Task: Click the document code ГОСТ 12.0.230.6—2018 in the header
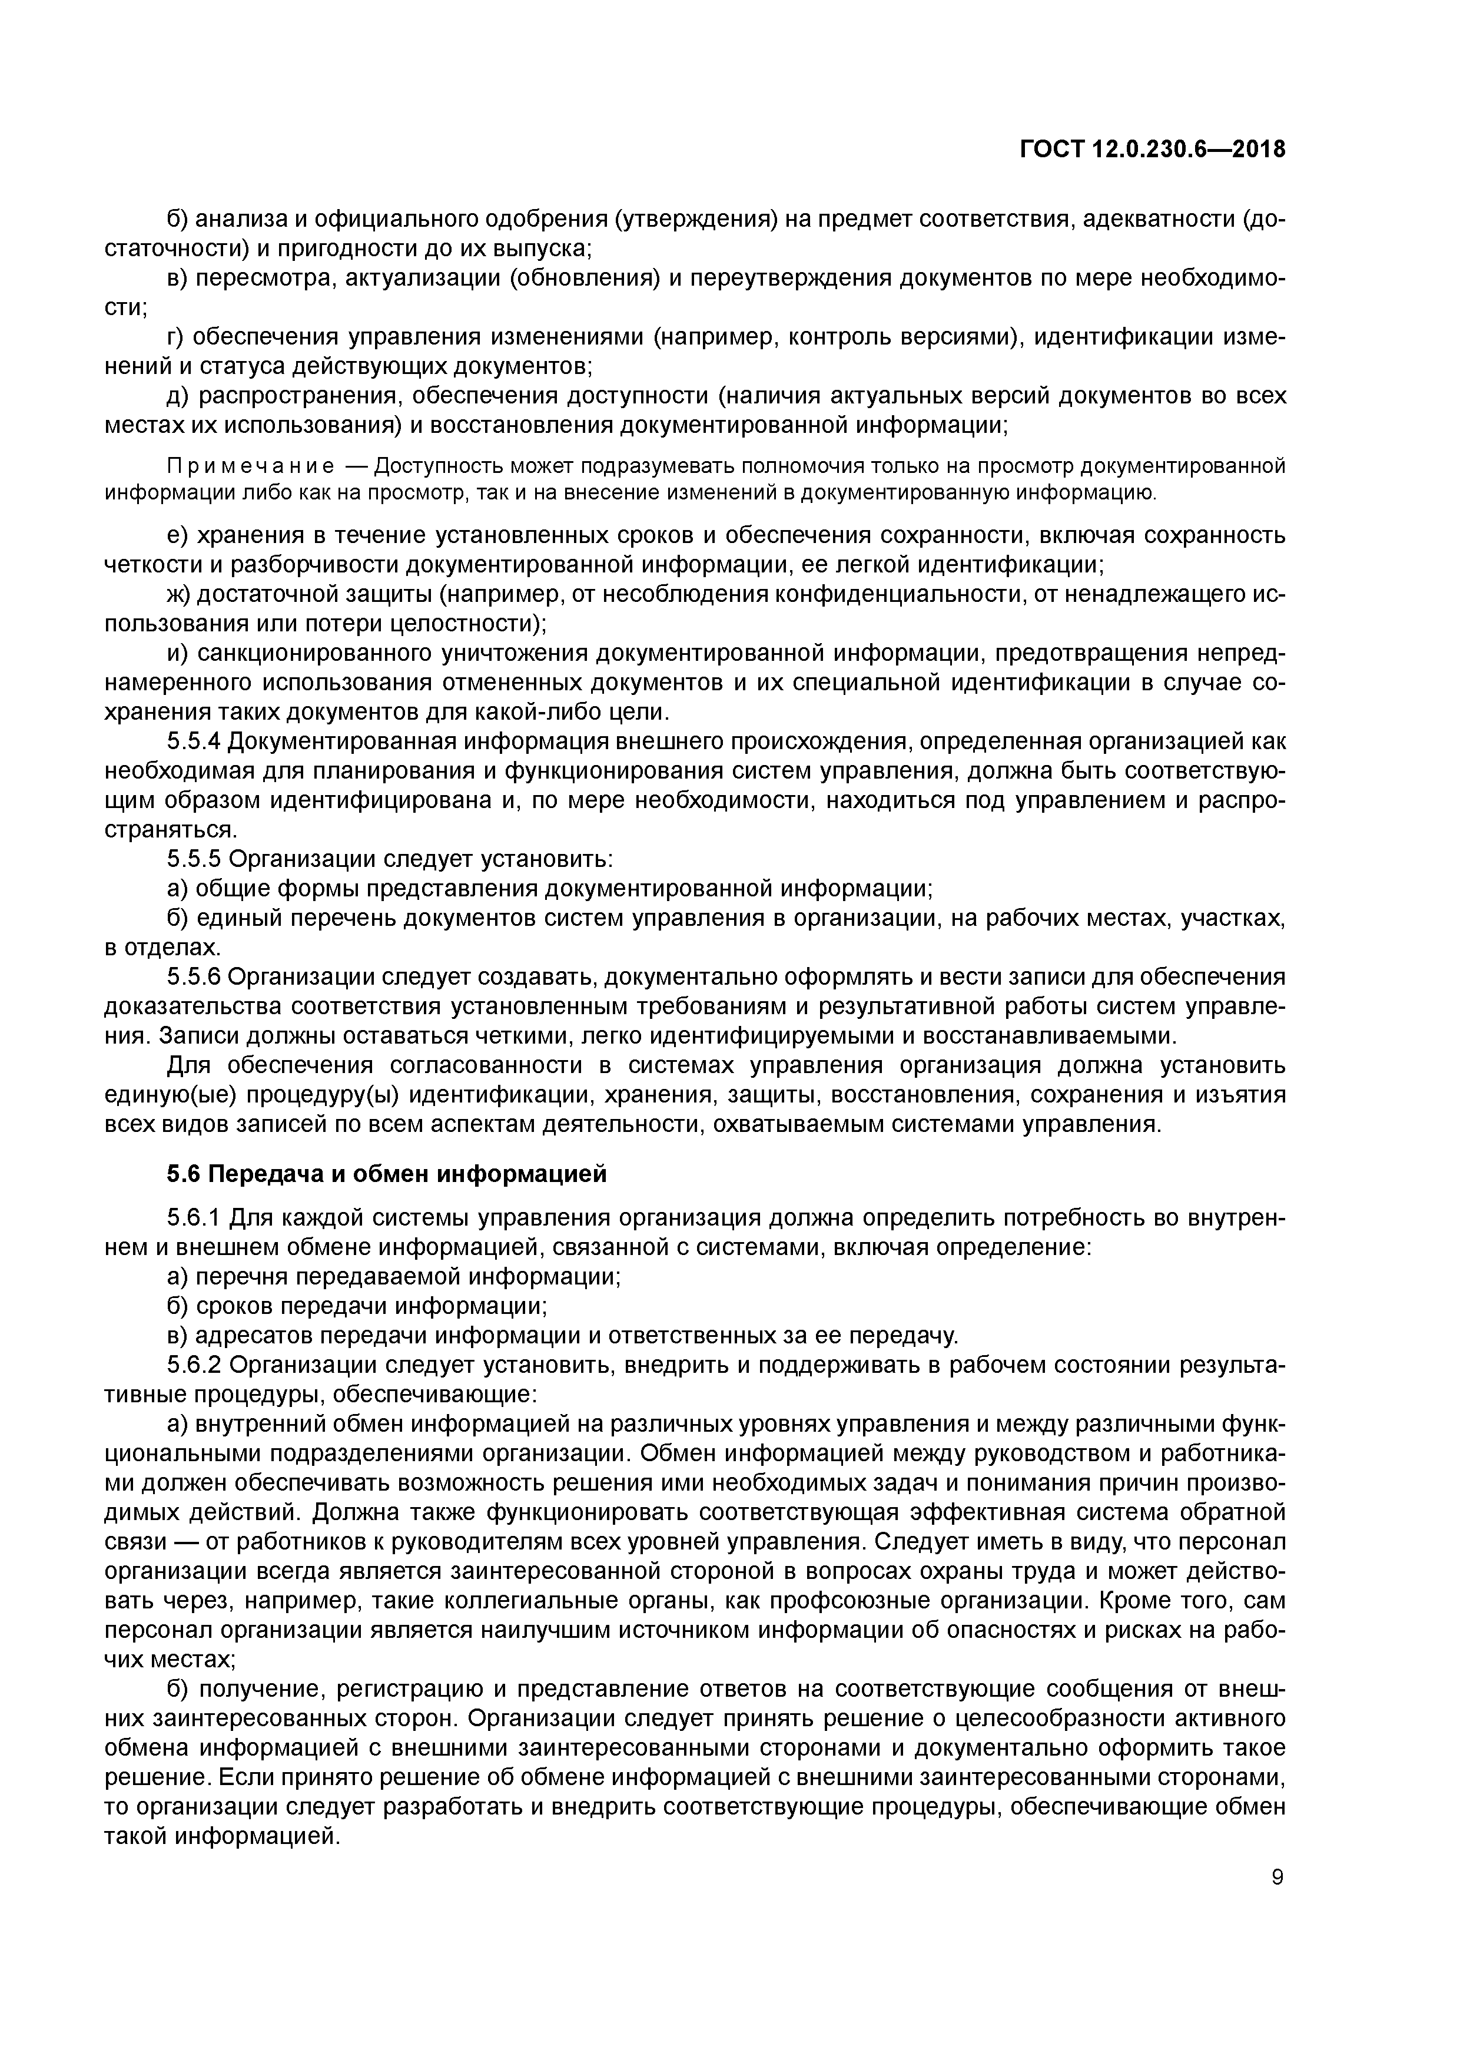pos(1152,150)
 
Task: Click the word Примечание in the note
pos(251,466)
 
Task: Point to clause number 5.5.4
pos(194,741)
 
